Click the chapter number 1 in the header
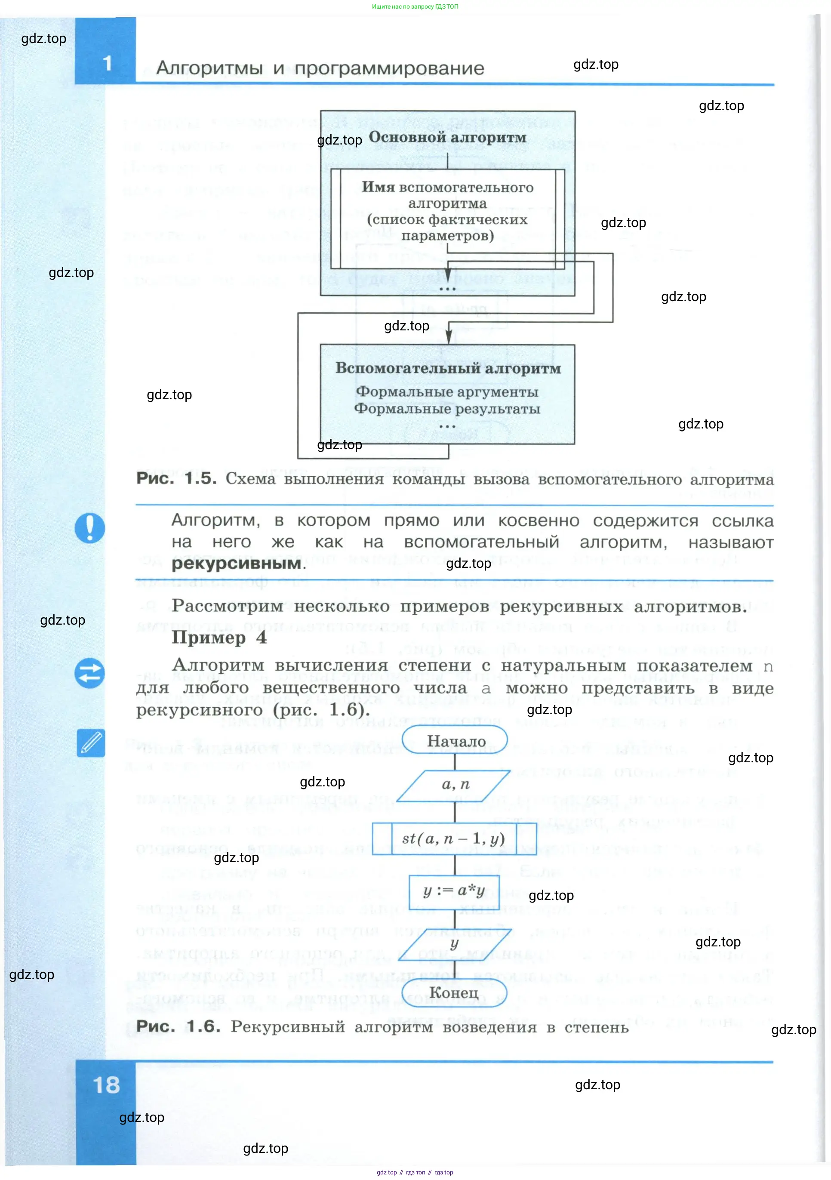tap(108, 63)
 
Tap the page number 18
tap(106, 1085)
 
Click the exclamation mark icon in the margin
tap(90, 528)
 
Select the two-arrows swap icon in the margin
tap(89, 673)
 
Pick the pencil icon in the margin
tap(91, 743)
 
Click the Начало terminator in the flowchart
tap(455, 741)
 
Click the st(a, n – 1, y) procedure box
tap(454, 839)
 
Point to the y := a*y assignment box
tap(454, 890)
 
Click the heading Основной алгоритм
tap(448, 137)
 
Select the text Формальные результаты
tap(447, 409)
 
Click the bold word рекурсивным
tap(237, 563)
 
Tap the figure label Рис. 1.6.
tap(178, 1026)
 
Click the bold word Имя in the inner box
tap(378, 187)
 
